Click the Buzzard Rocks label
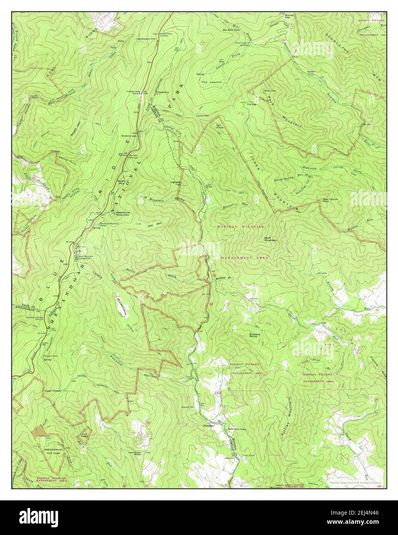(255, 336)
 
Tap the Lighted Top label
(176, 184)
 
